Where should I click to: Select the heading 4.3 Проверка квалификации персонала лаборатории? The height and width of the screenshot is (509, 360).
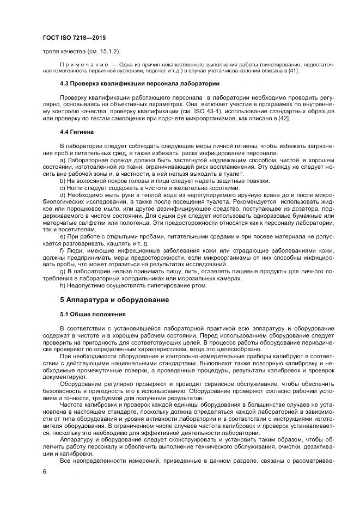139,84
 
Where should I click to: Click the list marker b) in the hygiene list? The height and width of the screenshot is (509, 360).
63,181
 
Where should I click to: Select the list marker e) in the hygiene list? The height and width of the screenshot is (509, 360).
63,237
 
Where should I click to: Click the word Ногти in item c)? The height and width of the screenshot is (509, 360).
77,188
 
